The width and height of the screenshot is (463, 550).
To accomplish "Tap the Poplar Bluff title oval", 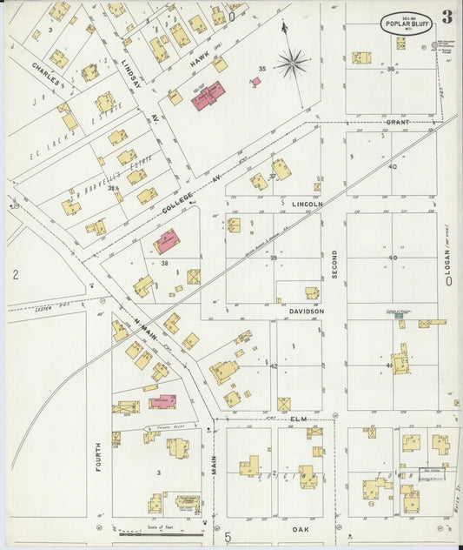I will tap(405, 23).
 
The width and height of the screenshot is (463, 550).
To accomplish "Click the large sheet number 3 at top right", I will tap(446, 17).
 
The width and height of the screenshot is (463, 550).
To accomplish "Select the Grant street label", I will tap(397, 123).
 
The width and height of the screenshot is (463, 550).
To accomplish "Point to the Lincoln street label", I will tap(307, 205).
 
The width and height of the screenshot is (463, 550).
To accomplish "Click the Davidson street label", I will tap(307, 311).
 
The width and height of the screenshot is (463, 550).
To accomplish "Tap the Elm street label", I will tap(299, 419).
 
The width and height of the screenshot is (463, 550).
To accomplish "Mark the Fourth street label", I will tap(97, 458).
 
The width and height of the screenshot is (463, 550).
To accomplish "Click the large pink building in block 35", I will tap(208, 96).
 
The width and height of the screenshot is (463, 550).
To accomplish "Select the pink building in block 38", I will tap(167, 241).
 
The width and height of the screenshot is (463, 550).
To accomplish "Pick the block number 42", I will tap(273, 366).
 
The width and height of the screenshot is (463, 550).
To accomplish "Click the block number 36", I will tap(391, 69).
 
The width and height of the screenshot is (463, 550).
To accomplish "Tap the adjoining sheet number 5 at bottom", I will tap(228, 537).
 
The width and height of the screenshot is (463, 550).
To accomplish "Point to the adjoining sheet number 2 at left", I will tap(15, 275).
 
